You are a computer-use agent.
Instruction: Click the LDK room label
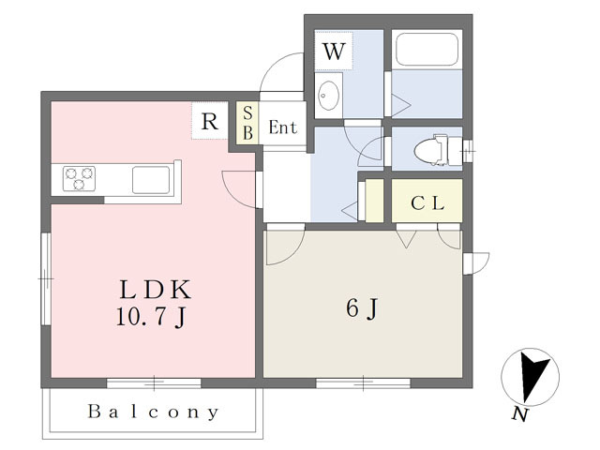tap(156, 290)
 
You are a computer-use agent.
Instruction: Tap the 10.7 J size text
tap(152, 317)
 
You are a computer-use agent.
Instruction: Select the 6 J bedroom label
tap(362, 308)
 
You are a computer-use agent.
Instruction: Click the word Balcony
tap(153, 412)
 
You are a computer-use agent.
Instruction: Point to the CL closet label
tap(427, 203)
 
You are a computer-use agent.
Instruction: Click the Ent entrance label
tap(283, 127)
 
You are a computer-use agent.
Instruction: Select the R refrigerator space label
tap(209, 121)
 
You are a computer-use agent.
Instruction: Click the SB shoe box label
tap(247, 123)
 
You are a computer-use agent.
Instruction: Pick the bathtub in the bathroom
tap(427, 49)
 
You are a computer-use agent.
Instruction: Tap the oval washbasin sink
tap(328, 95)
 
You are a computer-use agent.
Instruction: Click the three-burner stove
tap(79, 178)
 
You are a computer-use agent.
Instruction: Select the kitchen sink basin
tap(151, 179)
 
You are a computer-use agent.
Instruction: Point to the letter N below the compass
tap(520, 414)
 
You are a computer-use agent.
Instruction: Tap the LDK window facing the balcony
tap(154, 382)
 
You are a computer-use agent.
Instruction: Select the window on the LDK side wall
tap(46, 279)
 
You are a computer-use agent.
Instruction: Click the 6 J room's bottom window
tap(363, 382)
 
